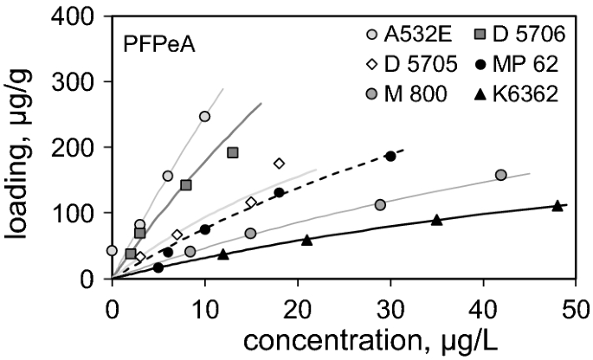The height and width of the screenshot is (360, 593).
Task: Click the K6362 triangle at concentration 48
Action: [x=558, y=205]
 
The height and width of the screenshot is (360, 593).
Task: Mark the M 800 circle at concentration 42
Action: [x=501, y=175]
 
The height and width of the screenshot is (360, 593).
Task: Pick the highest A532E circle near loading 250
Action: [x=205, y=116]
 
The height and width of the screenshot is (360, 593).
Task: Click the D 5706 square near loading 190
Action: [x=232, y=152]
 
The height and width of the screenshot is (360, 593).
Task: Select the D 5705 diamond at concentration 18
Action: [x=279, y=163]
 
